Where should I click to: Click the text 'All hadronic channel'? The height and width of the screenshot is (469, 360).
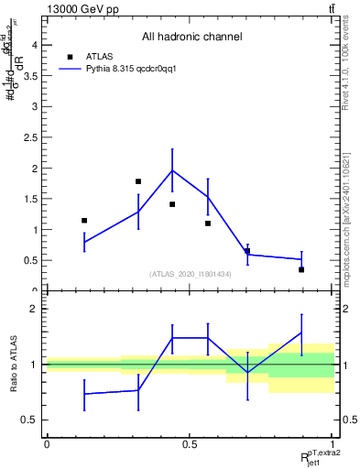191,37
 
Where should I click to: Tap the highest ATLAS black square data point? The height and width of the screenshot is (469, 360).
138,181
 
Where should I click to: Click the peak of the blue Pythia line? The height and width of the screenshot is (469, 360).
172,170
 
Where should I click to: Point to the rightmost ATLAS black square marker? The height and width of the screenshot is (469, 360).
301,269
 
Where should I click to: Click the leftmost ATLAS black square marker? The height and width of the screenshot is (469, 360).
84,221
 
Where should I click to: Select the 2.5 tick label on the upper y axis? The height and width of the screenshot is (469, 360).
30,137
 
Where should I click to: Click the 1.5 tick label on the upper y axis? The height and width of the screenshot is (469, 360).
30,199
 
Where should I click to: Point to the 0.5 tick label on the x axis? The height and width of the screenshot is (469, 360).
190,442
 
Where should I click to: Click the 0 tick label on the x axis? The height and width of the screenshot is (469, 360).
47,442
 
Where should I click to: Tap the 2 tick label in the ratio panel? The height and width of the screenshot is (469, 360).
34,309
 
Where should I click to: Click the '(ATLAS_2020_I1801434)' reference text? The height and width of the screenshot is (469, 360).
190,274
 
